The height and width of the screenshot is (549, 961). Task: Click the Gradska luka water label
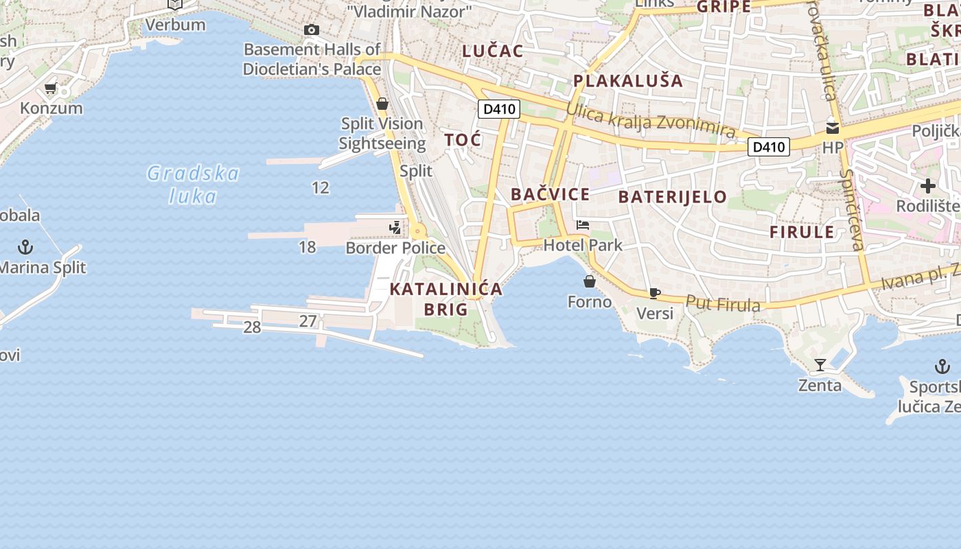[x=193, y=185]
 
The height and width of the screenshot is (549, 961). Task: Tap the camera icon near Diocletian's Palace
[x=312, y=30]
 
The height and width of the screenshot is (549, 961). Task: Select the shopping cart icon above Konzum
[x=50, y=89]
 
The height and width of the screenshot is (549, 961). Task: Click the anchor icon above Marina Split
[x=25, y=246]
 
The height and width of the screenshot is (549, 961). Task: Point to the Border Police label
[x=395, y=248]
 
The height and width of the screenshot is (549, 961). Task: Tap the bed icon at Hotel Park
[x=583, y=225]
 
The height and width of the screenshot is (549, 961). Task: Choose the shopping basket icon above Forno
[x=590, y=281]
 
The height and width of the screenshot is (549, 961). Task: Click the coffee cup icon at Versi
[x=655, y=294]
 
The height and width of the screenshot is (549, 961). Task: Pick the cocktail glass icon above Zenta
[x=820, y=364]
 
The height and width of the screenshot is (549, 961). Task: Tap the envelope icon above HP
[x=833, y=128]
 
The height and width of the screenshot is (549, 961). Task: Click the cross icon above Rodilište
[x=928, y=186]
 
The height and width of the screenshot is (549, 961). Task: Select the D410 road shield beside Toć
[x=499, y=108]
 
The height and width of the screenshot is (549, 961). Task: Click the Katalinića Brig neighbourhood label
[x=446, y=299]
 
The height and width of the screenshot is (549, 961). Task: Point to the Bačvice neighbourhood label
[x=551, y=194]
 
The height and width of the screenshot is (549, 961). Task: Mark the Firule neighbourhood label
[x=802, y=231]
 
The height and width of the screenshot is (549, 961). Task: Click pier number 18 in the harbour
[x=308, y=247]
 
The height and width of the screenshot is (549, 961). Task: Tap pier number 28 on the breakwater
[x=252, y=327]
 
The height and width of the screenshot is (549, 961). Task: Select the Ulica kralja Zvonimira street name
[x=650, y=121]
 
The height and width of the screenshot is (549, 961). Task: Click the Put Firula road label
[x=723, y=303]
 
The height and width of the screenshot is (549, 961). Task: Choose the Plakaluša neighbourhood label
[x=628, y=81]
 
